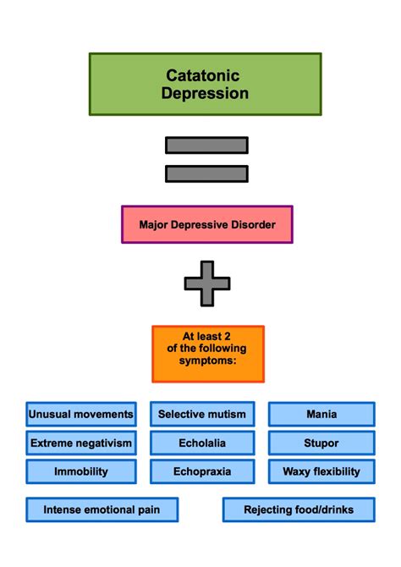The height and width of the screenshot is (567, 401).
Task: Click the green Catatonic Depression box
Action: pyautogui.click(x=205, y=85)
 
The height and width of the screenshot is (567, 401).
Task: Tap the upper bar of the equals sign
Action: pyautogui.click(x=206, y=145)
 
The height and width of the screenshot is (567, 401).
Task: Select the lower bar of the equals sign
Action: pyautogui.click(x=206, y=174)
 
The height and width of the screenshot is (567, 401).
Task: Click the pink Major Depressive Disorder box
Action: pyautogui.click(x=207, y=224)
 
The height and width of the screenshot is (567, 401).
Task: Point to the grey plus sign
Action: pyautogui.click(x=207, y=283)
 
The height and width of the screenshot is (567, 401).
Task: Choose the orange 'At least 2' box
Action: pyautogui.click(x=208, y=354)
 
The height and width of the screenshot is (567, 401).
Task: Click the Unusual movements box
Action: pyautogui.click(x=81, y=414)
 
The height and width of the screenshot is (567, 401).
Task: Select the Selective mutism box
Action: pyautogui.click(x=202, y=414)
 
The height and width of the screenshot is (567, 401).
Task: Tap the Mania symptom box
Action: pyautogui.click(x=321, y=414)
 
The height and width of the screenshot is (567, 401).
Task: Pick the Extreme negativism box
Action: pyautogui.click(x=81, y=443)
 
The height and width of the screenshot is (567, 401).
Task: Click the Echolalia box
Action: pyautogui.click(x=202, y=443)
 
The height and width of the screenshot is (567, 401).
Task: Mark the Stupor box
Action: pyautogui.click(x=321, y=443)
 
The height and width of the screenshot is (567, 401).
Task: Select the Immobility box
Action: pyautogui.click(x=81, y=471)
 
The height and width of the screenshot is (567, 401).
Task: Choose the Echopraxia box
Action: pyautogui.click(x=202, y=471)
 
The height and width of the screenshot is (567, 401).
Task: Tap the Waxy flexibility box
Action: pyautogui.click(x=321, y=471)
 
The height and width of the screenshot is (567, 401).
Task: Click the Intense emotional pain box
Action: pyautogui.click(x=102, y=509)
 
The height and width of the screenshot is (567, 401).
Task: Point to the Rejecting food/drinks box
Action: pyautogui.click(x=299, y=509)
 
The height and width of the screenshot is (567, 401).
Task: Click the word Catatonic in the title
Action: pyautogui.click(x=203, y=75)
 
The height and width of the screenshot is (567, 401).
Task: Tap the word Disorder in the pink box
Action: pyautogui.click(x=254, y=224)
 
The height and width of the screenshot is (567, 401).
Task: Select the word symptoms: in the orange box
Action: pyautogui.click(x=207, y=361)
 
